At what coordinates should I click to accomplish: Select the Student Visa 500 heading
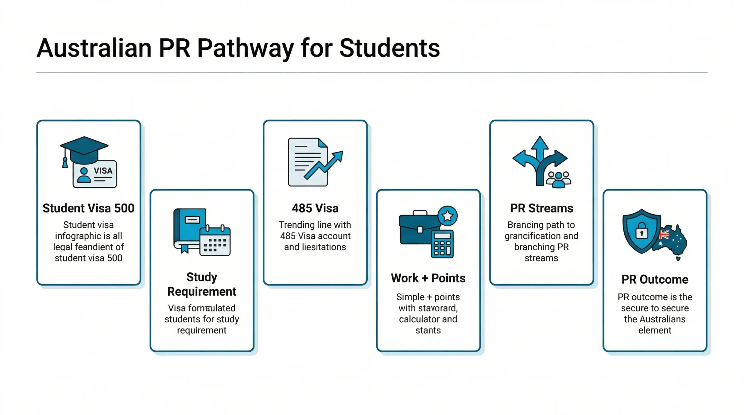88,208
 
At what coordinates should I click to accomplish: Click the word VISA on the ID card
103,170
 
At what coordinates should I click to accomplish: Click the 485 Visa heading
315,208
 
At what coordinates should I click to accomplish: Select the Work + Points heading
428,278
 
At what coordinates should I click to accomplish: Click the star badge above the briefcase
448,216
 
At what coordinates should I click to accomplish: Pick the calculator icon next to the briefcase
442,244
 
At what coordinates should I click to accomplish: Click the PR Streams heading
541,208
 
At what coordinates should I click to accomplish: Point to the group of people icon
558,179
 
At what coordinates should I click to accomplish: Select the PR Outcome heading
654,279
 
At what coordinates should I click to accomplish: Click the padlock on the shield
641,231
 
